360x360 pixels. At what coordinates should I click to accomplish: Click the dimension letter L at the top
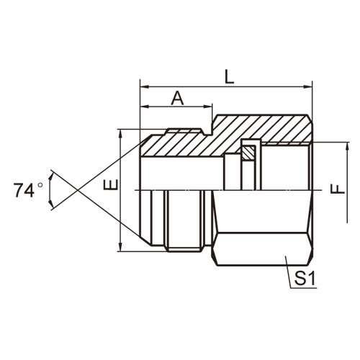(x=230, y=77)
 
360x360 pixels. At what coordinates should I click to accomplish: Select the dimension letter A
(x=177, y=98)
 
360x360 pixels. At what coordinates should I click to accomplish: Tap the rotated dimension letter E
(x=111, y=184)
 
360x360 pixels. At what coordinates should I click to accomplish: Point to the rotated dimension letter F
(x=338, y=189)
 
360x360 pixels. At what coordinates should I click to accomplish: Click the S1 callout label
(x=305, y=279)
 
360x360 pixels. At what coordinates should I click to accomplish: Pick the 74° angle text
(x=28, y=190)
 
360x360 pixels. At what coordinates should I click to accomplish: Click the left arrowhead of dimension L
(x=144, y=86)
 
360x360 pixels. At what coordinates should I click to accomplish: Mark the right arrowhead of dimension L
(x=308, y=86)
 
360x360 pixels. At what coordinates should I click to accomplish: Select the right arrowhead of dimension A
(x=208, y=107)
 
